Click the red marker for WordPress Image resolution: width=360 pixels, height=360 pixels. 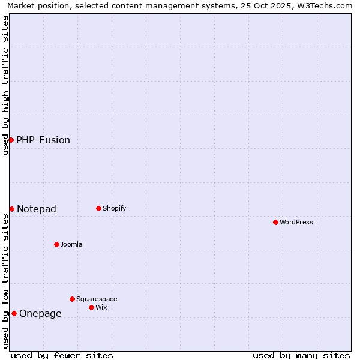275,222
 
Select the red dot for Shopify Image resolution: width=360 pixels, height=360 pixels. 98,208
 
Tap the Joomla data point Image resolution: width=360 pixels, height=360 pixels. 56,244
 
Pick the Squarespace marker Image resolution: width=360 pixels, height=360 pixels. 72,299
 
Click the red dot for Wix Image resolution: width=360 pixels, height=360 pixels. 91,307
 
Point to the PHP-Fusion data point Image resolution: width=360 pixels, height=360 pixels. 11,140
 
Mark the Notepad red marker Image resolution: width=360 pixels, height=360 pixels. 11,209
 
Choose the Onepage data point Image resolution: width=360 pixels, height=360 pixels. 14,313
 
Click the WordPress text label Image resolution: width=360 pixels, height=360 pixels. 296,223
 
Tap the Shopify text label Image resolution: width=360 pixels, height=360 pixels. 115,209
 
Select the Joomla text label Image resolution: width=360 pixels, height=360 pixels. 71,245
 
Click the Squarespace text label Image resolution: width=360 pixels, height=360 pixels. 97,299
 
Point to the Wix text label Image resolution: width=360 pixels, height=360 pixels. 101,308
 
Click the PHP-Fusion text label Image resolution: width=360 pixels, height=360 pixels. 43,140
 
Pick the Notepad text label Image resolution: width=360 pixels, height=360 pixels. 37,209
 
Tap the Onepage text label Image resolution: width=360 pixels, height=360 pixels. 40,314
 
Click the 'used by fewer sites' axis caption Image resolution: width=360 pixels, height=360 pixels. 62,356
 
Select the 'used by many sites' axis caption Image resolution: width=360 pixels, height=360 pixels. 301,356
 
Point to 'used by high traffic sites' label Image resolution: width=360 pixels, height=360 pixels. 6,85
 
